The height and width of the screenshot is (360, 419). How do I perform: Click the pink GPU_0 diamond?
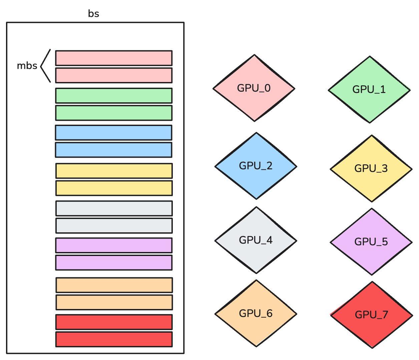pyautogui.click(x=254, y=88)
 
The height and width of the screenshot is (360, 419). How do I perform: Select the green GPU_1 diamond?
pyautogui.click(x=369, y=90)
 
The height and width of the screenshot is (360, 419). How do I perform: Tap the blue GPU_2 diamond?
pyautogui.click(x=256, y=166)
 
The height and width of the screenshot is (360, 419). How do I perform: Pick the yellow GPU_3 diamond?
pyautogui.click(x=371, y=169)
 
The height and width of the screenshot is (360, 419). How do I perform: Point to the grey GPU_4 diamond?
pyautogui.click(x=256, y=240)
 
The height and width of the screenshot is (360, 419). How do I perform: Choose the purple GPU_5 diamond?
pyautogui.click(x=371, y=242)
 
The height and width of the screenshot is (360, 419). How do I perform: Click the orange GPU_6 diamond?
pyautogui.click(x=256, y=314)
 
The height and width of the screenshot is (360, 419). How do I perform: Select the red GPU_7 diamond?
pyautogui.click(x=371, y=315)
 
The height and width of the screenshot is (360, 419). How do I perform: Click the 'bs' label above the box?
pyautogui.click(x=94, y=14)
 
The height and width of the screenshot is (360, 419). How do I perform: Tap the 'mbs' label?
pyautogui.click(x=27, y=66)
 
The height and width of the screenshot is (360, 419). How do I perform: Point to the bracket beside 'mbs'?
pyautogui.click(x=45, y=66)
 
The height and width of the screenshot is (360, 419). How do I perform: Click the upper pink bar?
pyautogui.click(x=114, y=58)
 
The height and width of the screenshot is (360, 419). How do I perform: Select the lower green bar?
pyautogui.click(x=114, y=113)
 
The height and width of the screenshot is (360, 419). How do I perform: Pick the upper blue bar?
pyautogui.click(x=113, y=133)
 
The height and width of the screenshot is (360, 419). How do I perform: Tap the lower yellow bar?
pyautogui.click(x=114, y=188)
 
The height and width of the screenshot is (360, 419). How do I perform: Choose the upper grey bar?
pyautogui.click(x=114, y=208)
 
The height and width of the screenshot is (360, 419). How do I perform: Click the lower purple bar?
pyautogui.click(x=114, y=263)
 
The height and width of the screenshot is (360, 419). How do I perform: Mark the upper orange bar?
pyautogui.click(x=114, y=285)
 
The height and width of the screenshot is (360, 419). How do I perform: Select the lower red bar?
pyautogui.click(x=114, y=339)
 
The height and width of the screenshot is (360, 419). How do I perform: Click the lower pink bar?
pyautogui.click(x=114, y=75)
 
